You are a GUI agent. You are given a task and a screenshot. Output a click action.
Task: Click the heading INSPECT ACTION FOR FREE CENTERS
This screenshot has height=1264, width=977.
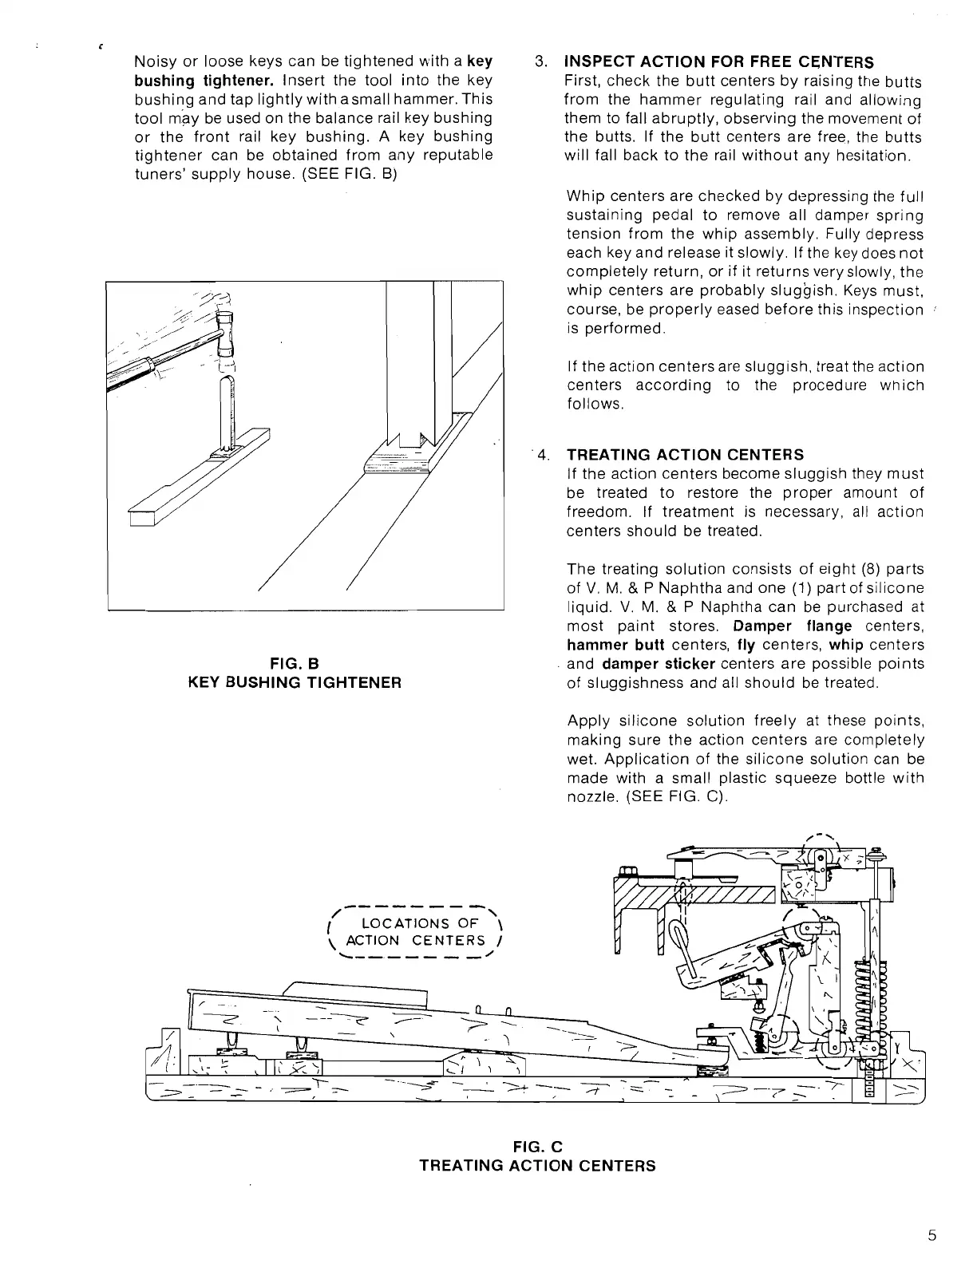718,62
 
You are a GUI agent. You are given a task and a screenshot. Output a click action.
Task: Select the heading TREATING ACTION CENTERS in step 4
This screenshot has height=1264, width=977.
685,455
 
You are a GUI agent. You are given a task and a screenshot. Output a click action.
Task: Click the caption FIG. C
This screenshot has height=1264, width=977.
537,1147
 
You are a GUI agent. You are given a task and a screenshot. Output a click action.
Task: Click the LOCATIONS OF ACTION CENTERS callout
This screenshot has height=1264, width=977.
419,932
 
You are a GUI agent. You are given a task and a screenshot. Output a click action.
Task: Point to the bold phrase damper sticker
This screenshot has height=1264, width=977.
659,664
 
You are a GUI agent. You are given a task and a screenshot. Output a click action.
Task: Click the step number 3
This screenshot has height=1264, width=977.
540,62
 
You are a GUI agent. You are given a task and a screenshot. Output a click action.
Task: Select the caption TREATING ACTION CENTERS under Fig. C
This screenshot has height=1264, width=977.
537,1166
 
